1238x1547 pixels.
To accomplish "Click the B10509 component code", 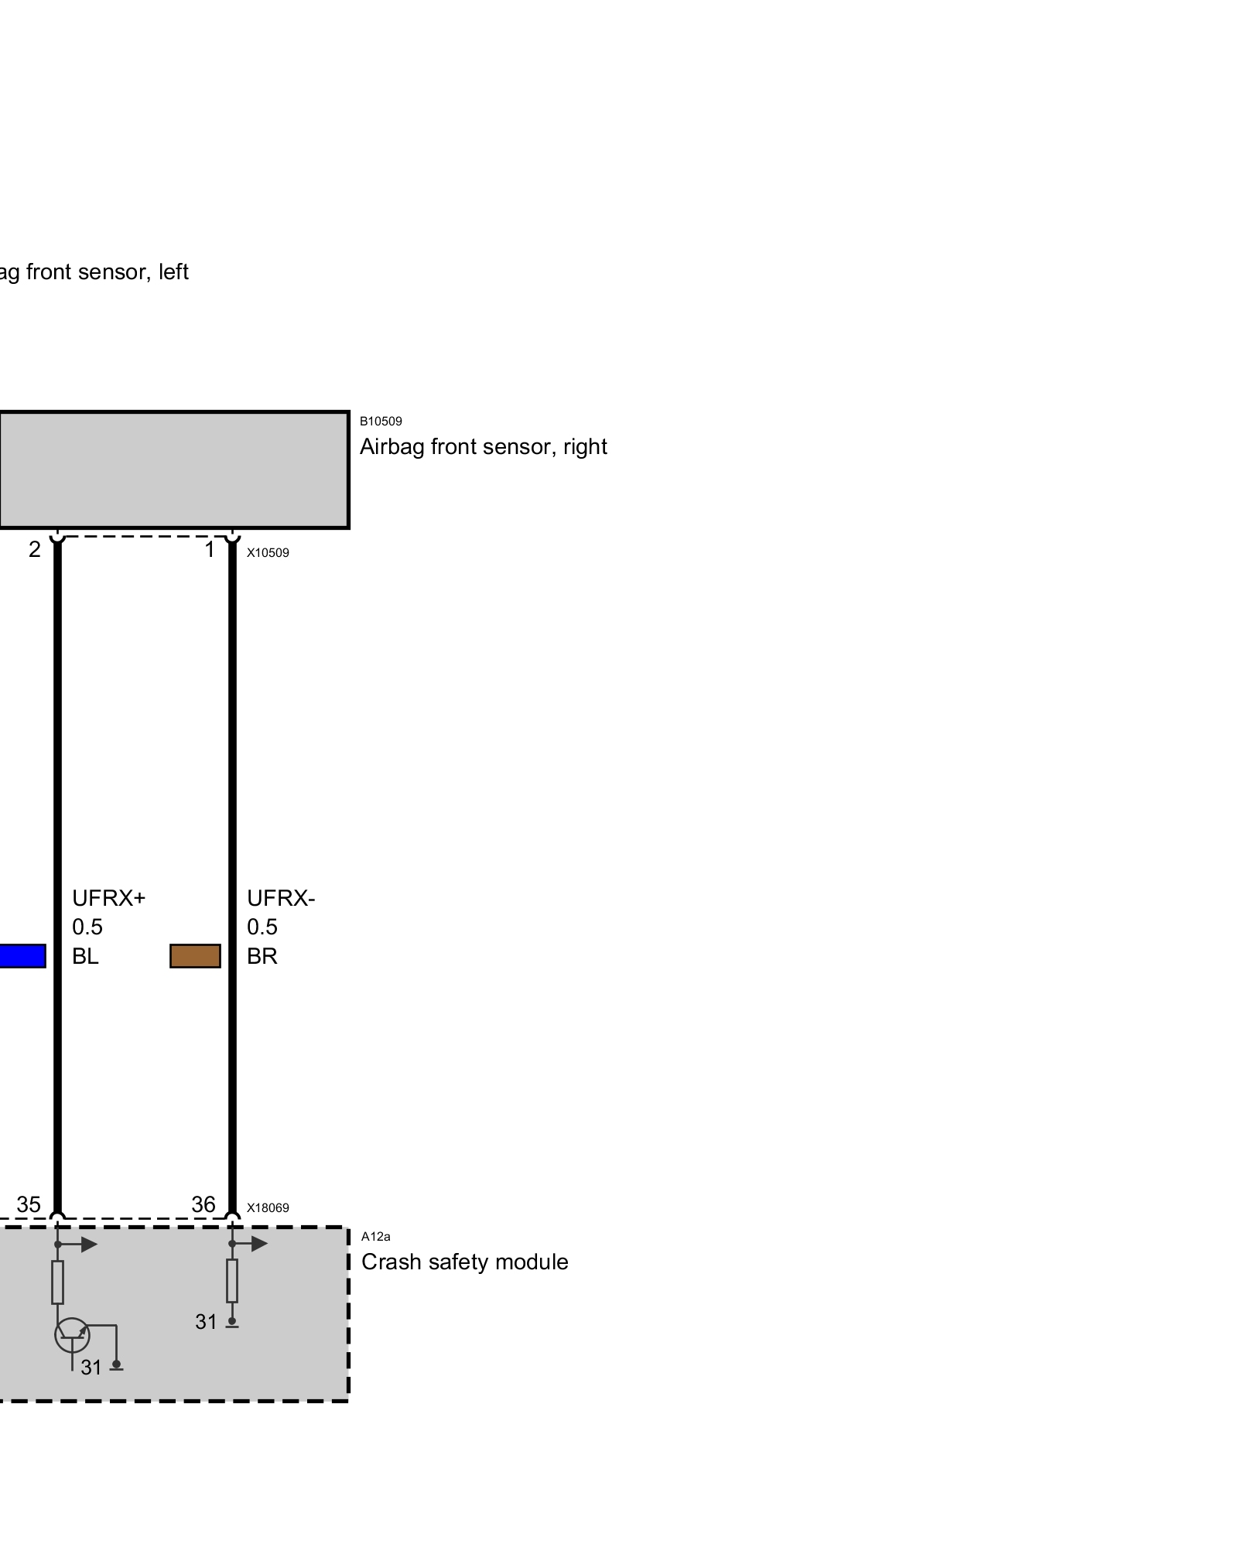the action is pyautogui.click(x=381, y=422).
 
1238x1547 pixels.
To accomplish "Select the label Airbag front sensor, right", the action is pyautogui.click(x=483, y=447).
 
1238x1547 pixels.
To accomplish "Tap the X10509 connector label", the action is pyautogui.click(x=268, y=553).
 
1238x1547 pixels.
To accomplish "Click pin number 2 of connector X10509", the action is pyautogui.click(x=35, y=550).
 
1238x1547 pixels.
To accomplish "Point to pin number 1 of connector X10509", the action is pyautogui.click(x=209, y=550).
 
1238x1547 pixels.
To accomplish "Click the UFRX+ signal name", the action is pyautogui.click(x=108, y=898).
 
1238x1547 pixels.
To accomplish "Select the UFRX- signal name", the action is pyautogui.click(x=281, y=898).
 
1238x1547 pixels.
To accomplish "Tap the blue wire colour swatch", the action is pyautogui.click(x=22, y=956).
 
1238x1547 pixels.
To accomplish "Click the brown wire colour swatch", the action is pyautogui.click(x=195, y=956).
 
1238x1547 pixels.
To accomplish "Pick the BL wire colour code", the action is pyautogui.click(x=85, y=957).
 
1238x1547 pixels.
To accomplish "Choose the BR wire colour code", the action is pyautogui.click(x=262, y=957).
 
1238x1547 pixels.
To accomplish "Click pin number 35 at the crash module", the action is pyautogui.click(x=29, y=1204).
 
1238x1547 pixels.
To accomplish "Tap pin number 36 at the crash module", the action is pyautogui.click(x=203, y=1204).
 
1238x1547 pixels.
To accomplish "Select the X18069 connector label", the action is pyautogui.click(x=268, y=1208).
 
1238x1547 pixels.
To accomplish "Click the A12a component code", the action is pyautogui.click(x=375, y=1237).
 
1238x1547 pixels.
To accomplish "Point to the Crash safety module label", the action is pyautogui.click(x=464, y=1262).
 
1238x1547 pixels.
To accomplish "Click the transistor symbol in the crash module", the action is pyautogui.click(x=72, y=1334).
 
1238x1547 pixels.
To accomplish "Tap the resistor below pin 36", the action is pyautogui.click(x=232, y=1281).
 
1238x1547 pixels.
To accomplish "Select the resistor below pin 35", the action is pyautogui.click(x=57, y=1282).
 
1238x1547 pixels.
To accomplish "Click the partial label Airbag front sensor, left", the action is pyautogui.click(x=93, y=272).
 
